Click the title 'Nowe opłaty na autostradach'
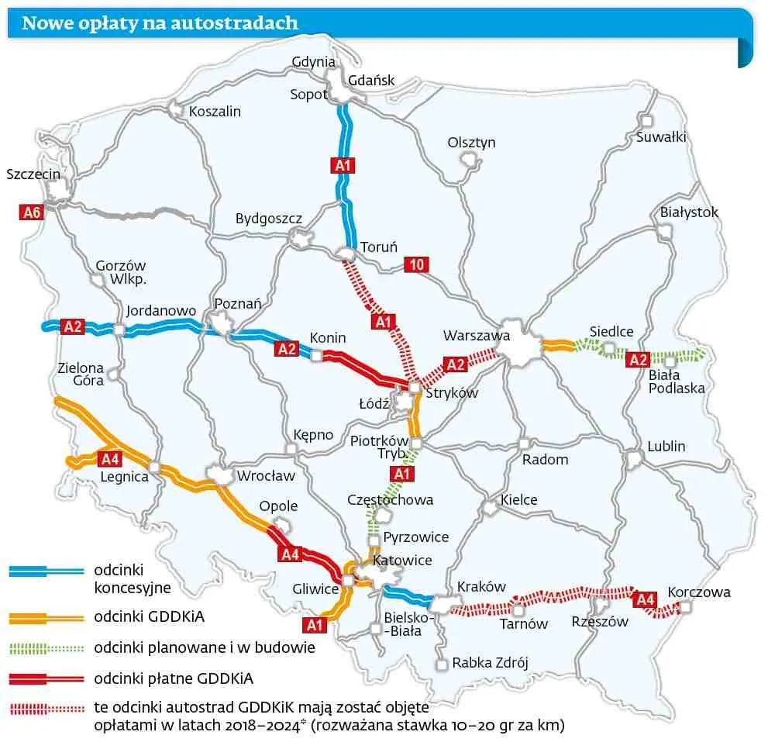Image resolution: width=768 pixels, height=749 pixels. (160, 23)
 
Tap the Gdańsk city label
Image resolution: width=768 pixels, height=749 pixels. (371, 80)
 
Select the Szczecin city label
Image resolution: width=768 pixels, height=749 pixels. (33, 174)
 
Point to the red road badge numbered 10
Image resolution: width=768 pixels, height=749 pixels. (417, 265)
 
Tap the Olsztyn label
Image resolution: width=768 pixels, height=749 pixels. (471, 143)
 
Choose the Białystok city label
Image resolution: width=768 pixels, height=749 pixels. (689, 212)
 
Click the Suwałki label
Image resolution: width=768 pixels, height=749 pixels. (661, 137)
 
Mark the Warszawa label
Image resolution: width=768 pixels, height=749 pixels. (477, 336)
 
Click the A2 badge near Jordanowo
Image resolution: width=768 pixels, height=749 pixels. (73, 326)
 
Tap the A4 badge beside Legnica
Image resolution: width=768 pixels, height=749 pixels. (110, 458)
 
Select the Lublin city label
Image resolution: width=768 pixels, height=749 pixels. (666, 446)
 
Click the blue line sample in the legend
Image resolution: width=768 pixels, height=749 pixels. (46, 571)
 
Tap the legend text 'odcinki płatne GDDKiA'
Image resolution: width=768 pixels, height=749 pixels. (174, 679)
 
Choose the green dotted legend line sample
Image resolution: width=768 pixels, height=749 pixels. (46, 647)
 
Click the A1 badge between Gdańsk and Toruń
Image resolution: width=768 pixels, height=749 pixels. (343, 165)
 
